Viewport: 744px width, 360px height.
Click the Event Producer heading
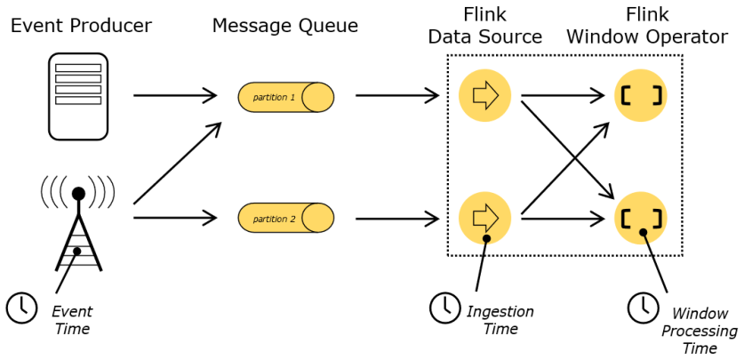pos(81,26)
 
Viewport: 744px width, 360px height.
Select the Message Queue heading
pos(284,26)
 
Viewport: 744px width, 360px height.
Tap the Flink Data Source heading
pos(484,26)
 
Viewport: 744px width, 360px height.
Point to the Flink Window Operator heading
pos(647,26)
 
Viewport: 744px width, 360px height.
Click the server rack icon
pos(78,96)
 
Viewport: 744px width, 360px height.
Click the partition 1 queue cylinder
pos(285,96)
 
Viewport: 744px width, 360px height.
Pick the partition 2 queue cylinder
pos(285,218)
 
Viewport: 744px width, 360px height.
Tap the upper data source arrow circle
pos(484,95)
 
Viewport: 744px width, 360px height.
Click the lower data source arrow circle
pos(484,218)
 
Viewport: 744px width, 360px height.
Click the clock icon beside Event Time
pos(21,307)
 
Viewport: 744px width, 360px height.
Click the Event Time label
pos(72,320)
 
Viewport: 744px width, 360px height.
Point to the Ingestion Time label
pos(500,320)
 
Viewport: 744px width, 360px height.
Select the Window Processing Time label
pos(704,331)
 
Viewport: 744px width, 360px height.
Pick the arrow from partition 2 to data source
pos(397,217)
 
